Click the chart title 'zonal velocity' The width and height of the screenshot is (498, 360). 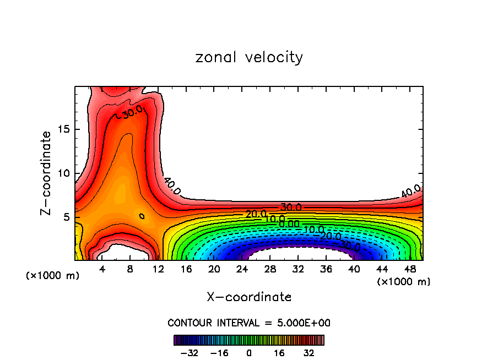point(249,57)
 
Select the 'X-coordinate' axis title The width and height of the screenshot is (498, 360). point(249,297)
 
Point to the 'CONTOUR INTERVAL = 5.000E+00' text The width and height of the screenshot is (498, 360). point(249,323)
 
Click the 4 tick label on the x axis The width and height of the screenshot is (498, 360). point(102,269)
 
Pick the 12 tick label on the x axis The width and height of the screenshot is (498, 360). point(158,269)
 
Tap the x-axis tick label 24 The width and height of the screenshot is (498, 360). point(242,269)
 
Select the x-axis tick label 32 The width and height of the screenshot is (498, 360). point(297,269)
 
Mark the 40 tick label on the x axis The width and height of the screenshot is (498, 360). point(354,269)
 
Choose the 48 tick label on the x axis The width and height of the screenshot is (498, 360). point(409,269)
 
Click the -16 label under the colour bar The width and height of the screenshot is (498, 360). point(219,352)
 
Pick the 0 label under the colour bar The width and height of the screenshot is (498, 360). point(249,352)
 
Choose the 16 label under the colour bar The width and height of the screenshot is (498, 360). point(279,352)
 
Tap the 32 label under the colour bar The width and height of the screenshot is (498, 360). point(309,352)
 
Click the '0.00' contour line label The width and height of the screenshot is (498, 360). point(289,223)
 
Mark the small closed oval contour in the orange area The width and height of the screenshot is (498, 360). point(142,216)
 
